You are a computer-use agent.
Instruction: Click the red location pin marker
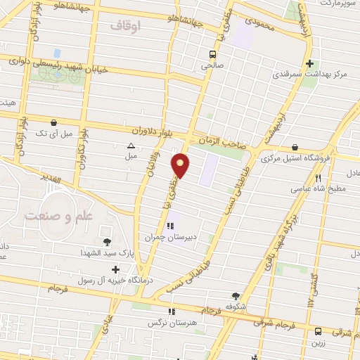click(181, 165)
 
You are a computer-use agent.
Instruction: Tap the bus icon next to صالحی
click(212, 53)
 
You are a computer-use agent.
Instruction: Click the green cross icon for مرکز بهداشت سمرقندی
click(319, 63)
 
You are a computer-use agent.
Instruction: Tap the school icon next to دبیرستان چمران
click(169, 226)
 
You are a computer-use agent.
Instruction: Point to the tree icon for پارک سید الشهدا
click(107, 243)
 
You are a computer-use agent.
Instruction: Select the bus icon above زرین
click(318, 330)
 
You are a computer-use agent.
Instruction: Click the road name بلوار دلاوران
click(154, 131)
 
